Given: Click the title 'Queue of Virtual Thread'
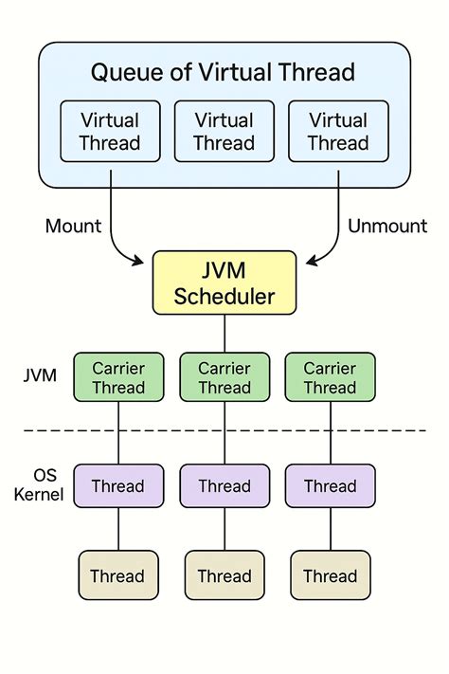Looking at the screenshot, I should (224, 71).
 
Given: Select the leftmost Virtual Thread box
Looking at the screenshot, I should (110, 132).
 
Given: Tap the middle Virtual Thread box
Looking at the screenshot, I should (224, 132).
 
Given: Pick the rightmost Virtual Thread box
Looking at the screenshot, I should (337, 132).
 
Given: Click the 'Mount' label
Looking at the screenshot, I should (73, 226).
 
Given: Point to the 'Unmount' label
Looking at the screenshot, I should (387, 226).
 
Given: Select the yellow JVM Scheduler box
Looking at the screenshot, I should (224, 282).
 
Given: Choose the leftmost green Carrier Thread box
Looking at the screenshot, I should (118, 376).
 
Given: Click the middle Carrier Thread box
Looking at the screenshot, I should (224, 376).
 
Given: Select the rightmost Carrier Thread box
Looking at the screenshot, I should (330, 376).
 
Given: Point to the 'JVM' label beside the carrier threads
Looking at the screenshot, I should (40, 376).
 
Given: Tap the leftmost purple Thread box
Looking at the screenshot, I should (118, 486).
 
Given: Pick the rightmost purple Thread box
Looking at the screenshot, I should (330, 486).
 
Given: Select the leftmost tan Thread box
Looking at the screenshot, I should (118, 575).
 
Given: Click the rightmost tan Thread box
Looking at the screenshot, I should (330, 575).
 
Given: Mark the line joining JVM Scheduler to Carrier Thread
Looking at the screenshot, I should (224, 334).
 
